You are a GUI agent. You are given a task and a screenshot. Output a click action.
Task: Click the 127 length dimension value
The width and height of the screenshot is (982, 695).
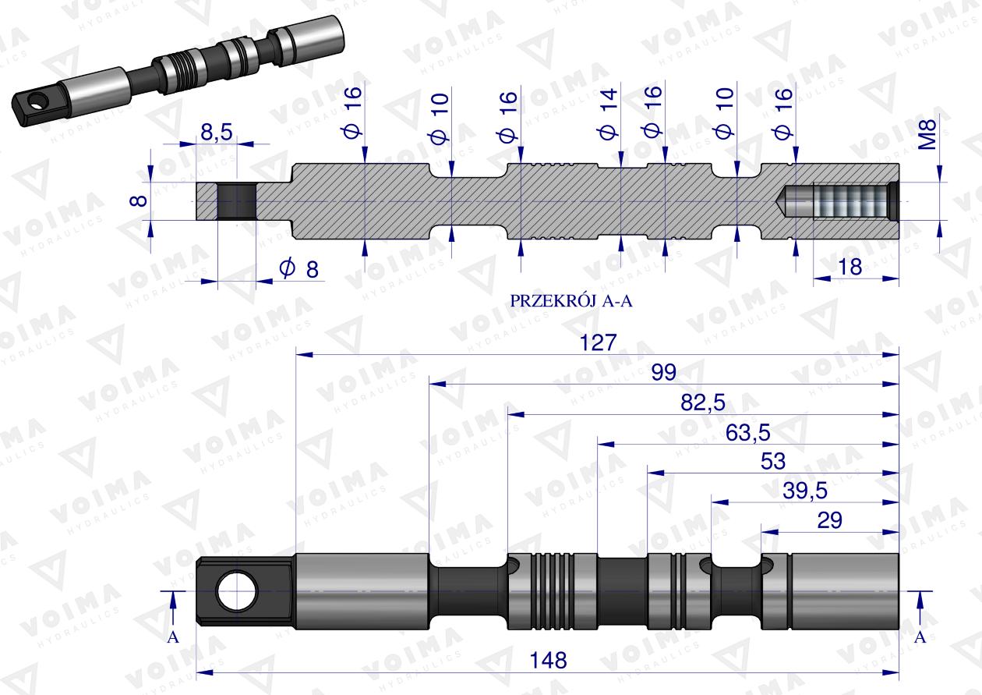click(x=598, y=343)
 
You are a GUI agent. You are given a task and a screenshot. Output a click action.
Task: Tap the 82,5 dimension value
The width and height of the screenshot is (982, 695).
click(x=702, y=402)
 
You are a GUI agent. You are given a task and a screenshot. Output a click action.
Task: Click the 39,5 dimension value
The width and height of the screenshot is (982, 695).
click(x=804, y=491)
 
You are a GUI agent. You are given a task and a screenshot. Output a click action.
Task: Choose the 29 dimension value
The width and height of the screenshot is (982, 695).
click(x=829, y=520)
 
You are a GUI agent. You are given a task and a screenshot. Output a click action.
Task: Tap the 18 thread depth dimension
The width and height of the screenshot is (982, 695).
click(x=850, y=268)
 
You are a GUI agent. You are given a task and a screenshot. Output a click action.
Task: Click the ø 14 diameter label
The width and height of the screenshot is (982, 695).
click(x=609, y=114)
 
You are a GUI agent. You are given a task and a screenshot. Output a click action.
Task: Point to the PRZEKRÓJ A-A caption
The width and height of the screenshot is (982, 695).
click(x=570, y=301)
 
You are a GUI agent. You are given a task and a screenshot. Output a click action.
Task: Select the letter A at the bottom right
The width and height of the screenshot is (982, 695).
click(x=920, y=637)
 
